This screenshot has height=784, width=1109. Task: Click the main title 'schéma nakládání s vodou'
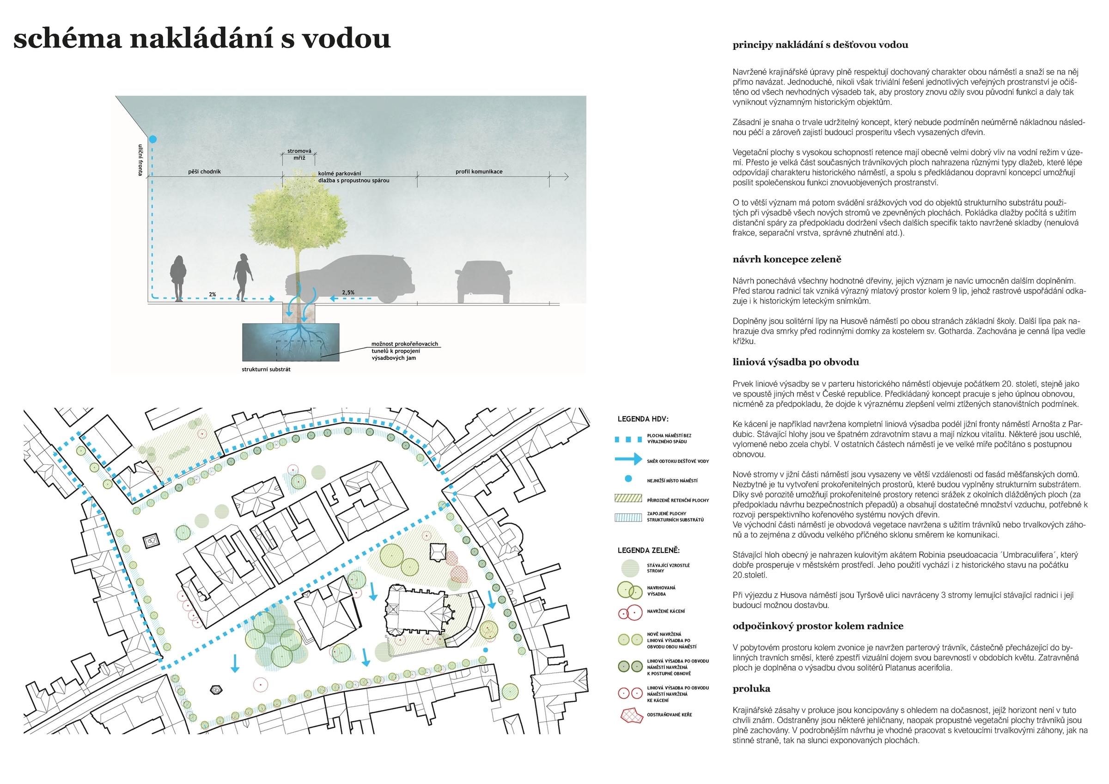tap(202, 39)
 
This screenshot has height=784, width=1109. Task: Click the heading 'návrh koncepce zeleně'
tap(787, 259)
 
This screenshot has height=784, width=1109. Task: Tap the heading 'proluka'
tap(751, 689)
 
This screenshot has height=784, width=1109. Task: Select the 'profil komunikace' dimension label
tap(479, 171)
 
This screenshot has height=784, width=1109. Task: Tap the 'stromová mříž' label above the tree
tap(299, 155)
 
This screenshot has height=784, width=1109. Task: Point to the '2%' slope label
tap(212, 294)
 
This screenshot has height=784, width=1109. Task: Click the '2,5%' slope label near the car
tap(348, 292)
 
